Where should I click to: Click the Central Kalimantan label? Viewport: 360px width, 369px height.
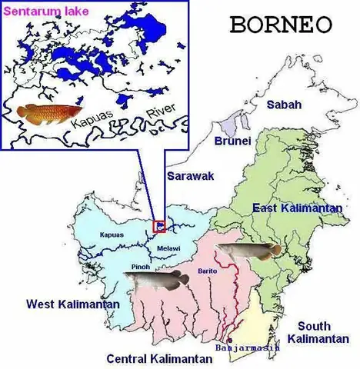click(x=159, y=358)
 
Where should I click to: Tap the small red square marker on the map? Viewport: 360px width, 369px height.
click(x=160, y=226)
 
